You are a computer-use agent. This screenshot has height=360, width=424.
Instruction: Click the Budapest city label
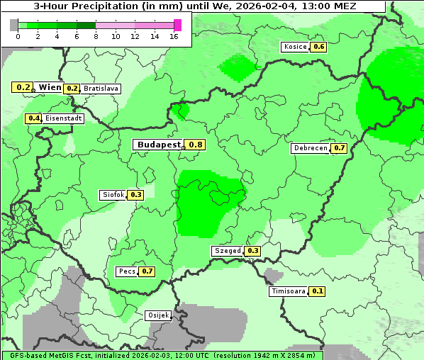[159, 145]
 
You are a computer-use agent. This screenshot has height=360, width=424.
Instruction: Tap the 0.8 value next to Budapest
[196, 145]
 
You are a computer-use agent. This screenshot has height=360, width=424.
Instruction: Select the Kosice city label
[294, 47]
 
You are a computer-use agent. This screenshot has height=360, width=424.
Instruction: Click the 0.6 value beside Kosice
[319, 47]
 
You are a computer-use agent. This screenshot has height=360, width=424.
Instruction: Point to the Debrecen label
[310, 148]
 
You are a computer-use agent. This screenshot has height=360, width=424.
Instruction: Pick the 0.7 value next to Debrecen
[339, 148]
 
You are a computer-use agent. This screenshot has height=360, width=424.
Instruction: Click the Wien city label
[50, 87]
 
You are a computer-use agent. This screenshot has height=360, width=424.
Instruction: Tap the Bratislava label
[101, 89]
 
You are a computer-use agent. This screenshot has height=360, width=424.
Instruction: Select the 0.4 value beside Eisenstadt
[33, 118]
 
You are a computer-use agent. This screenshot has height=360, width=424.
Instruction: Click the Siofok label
[113, 194]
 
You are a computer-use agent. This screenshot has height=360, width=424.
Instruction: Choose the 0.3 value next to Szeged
[252, 251]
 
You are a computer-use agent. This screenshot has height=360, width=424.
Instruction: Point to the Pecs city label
[127, 271]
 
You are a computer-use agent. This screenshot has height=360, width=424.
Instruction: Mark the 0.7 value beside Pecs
[147, 271]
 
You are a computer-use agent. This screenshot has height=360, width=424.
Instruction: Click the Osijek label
[157, 315]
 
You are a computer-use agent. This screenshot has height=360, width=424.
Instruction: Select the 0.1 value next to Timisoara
[318, 291]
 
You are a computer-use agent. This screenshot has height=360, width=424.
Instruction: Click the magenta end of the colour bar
[177, 25]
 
